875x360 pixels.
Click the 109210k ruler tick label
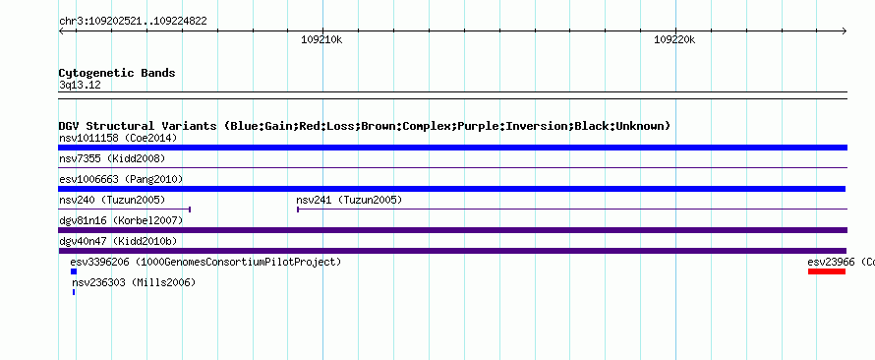click(x=321, y=39)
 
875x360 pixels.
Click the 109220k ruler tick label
click(x=674, y=39)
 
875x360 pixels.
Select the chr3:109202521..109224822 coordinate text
click(x=133, y=22)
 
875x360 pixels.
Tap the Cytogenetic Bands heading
click(x=117, y=73)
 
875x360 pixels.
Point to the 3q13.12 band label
click(x=80, y=86)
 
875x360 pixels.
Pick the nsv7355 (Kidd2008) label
click(x=112, y=158)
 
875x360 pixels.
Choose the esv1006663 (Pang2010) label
click(x=121, y=179)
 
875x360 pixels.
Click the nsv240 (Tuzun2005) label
click(x=112, y=200)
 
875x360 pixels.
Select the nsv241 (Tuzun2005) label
click(x=349, y=200)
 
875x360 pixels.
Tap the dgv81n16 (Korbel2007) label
click(x=121, y=220)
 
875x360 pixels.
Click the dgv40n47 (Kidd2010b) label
click(x=118, y=241)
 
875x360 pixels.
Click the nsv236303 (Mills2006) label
click(x=134, y=282)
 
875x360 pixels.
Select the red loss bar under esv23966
click(x=827, y=271)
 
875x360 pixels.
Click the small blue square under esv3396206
click(x=74, y=271)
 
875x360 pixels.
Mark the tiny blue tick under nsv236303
click(x=74, y=292)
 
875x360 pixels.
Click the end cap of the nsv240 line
click(x=191, y=210)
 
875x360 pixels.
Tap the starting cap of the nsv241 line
click(x=298, y=210)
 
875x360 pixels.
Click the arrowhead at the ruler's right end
click(x=845, y=31)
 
